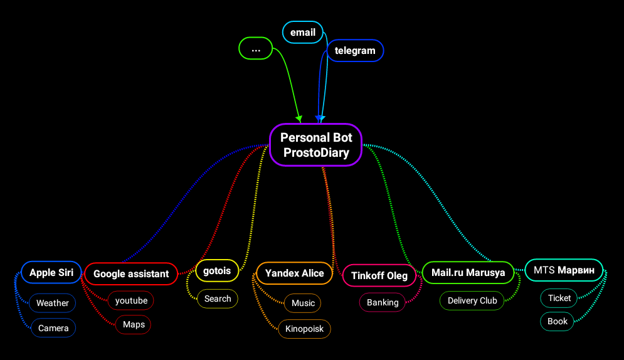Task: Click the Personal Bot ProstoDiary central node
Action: coord(316,145)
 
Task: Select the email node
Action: coord(302,33)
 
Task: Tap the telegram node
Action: coord(355,51)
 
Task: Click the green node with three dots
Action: coord(255,48)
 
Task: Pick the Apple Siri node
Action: coord(51,273)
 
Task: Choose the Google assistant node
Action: coord(131,273)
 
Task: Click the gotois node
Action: coord(217,271)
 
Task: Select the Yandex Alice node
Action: coord(294,273)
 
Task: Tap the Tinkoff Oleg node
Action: coord(379,275)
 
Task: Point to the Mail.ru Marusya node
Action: coord(468,273)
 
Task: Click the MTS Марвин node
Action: coord(563,270)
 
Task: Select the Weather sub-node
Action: coord(53,303)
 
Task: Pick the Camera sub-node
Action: coord(53,328)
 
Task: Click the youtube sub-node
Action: coord(131,300)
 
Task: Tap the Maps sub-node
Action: coord(134,325)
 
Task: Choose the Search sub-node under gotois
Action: coord(218,299)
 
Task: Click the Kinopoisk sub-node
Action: coord(304,329)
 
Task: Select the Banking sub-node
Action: coord(383,302)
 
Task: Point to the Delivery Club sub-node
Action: coord(472,300)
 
